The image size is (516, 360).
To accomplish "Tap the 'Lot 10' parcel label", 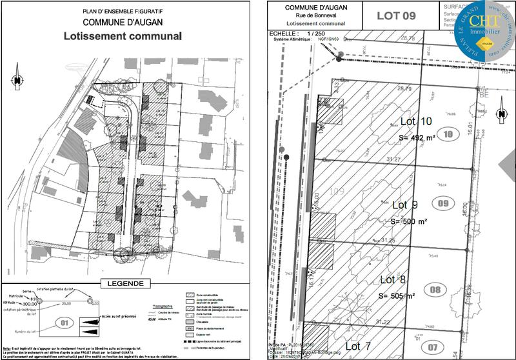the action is tap(416, 121).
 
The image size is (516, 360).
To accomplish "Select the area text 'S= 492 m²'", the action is tap(417, 137).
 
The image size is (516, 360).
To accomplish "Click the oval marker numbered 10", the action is tap(448, 134).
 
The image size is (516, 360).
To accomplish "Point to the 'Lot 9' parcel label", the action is tap(405, 205).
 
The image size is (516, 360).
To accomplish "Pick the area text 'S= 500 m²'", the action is tap(409, 221).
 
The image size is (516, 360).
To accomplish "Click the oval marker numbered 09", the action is tap(443, 205).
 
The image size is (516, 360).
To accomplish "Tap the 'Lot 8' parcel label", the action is tap(392, 279).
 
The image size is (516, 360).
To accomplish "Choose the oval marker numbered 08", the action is tap(435, 290).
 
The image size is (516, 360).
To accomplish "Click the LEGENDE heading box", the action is tap(126, 283).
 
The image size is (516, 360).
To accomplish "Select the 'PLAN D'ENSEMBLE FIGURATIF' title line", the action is tap(123, 12).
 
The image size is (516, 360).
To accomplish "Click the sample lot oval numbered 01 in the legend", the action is tap(63, 322).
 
